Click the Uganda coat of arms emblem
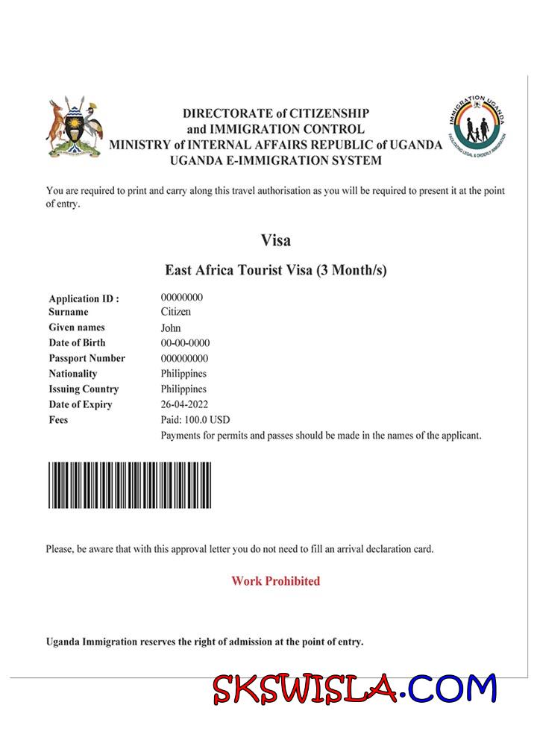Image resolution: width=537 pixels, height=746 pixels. (x=74, y=128)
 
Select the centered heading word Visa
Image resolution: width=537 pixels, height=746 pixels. (x=275, y=241)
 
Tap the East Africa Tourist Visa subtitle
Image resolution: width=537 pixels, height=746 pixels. (x=275, y=270)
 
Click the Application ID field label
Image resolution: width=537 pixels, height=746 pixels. (x=84, y=298)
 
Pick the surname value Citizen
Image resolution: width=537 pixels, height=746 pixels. (x=176, y=312)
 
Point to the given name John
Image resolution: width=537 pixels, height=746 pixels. (x=171, y=327)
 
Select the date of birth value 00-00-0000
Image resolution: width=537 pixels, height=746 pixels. (x=185, y=343)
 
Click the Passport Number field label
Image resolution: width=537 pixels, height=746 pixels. (x=87, y=358)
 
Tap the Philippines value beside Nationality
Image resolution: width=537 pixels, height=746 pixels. (x=183, y=374)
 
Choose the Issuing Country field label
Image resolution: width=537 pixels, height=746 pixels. (x=84, y=389)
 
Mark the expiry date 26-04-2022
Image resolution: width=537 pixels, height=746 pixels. (x=184, y=404)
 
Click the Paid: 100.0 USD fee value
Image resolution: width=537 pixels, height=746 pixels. (x=195, y=420)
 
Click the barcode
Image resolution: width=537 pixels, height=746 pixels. (x=130, y=485)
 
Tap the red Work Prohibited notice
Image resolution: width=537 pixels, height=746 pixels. (x=275, y=581)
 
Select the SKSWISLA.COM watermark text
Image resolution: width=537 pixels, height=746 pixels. (x=354, y=689)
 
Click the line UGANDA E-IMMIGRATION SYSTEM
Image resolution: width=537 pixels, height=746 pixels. (x=275, y=160)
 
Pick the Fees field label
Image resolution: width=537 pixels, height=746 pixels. (x=58, y=420)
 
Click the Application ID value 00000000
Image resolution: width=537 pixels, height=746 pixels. (x=182, y=297)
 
